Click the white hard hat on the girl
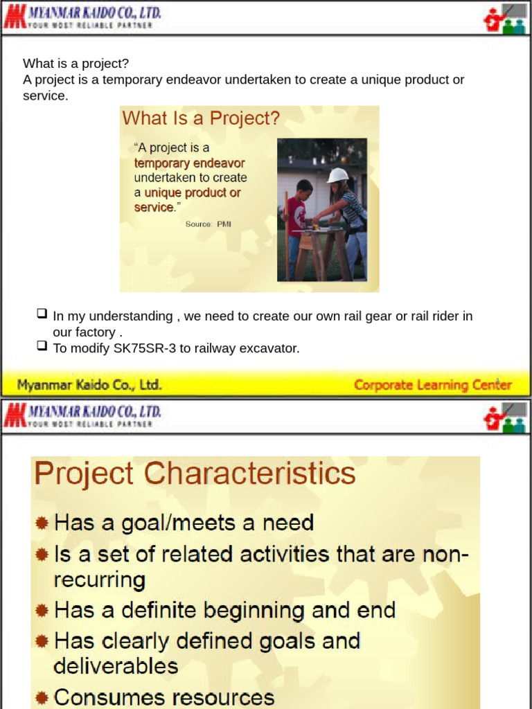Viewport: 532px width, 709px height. [337, 175]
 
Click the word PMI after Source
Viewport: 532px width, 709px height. [224, 224]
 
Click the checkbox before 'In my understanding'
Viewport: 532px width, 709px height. [42, 313]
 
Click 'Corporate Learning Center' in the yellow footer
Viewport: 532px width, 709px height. [433, 385]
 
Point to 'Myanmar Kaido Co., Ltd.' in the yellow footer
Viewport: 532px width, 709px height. [89, 385]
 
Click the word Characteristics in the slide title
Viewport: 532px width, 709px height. [249, 473]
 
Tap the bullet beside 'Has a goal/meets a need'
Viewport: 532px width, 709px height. [42, 523]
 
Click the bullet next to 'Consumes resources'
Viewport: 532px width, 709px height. [42, 697]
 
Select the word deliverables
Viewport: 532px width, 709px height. [116, 665]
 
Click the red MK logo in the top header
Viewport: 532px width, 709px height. [15, 17]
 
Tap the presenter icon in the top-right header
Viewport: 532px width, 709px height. [505, 19]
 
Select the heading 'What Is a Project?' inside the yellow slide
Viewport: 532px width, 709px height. [201, 118]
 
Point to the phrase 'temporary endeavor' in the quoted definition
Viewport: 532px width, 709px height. [189, 163]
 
